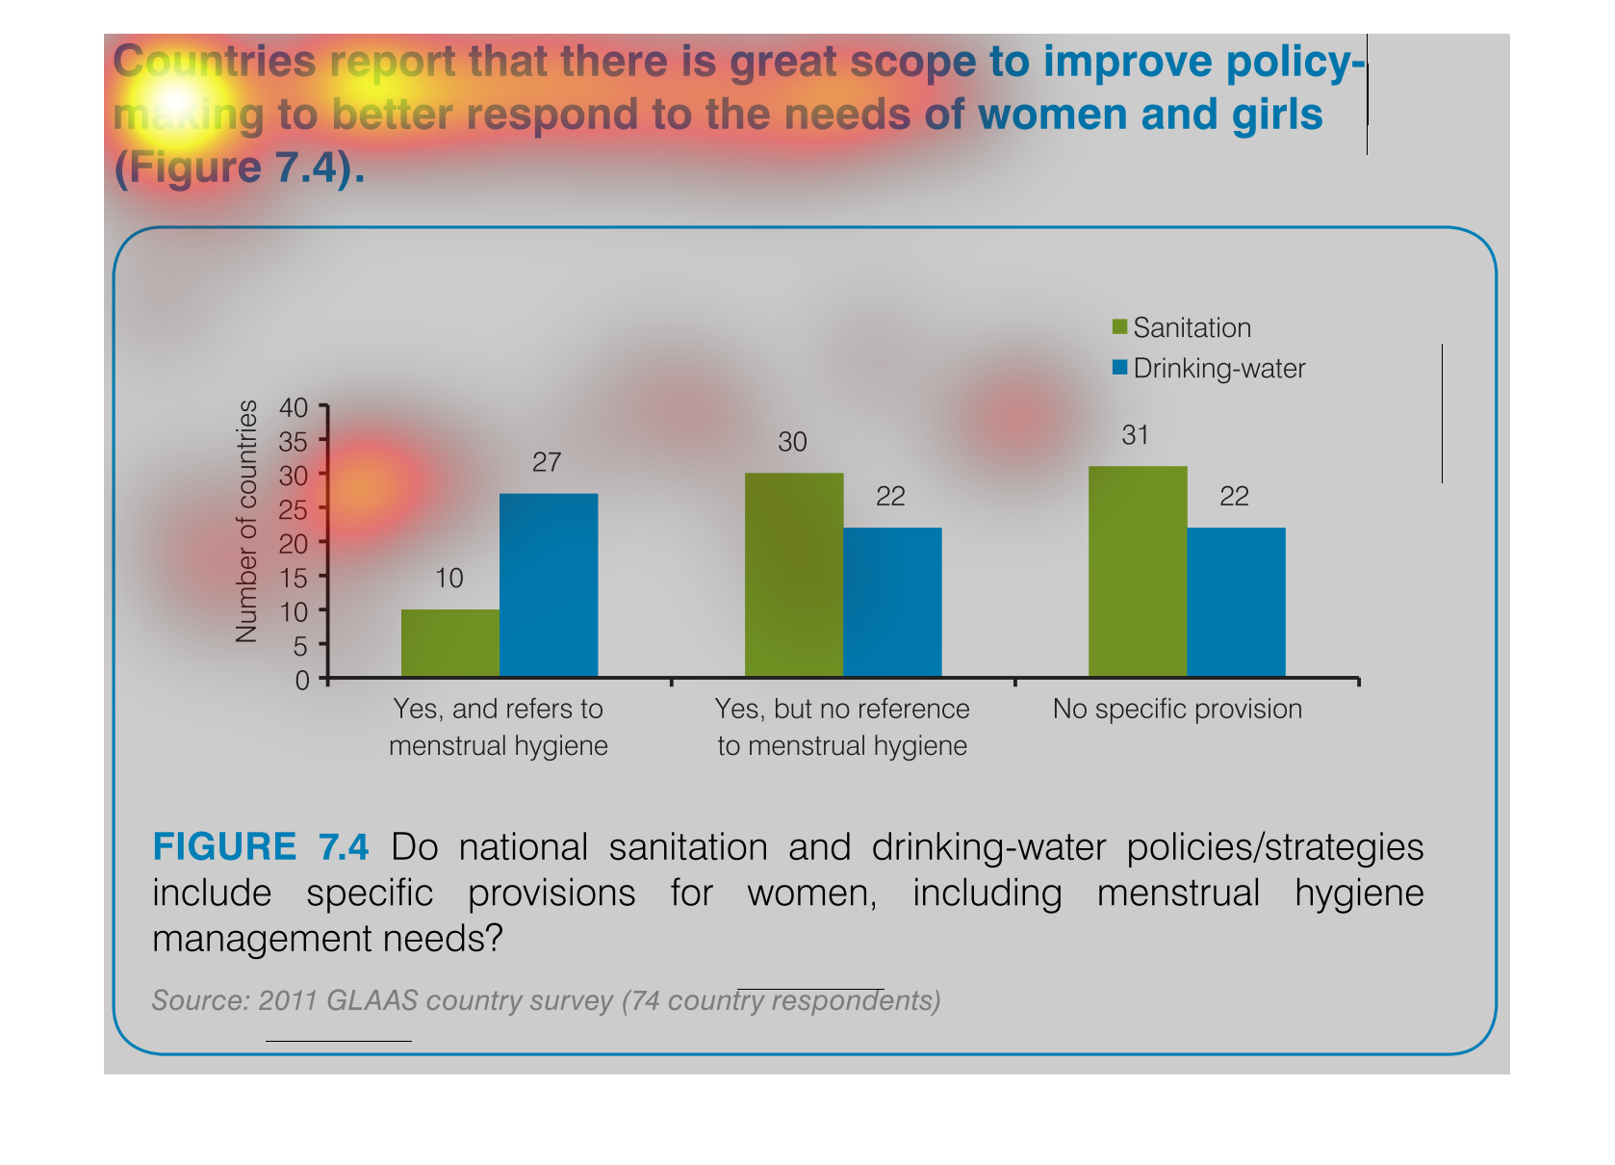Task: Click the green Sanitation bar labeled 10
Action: coord(450,643)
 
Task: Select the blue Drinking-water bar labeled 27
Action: coord(549,585)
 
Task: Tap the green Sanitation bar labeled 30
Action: coord(794,575)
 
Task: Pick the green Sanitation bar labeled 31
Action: coord(1138,571)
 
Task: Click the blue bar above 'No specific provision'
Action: coord(1237,603)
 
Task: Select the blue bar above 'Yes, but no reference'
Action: coord(892,603)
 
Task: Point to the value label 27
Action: coord(547,462)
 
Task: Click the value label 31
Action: coord(1135,435)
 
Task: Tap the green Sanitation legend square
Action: coord(1119,326)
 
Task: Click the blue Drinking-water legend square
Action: coord(1119,367)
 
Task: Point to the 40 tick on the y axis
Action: coord(294,407)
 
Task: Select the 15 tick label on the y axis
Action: coord(294,578)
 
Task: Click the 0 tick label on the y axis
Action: coord(302,681)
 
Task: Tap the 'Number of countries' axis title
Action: coord(246,521)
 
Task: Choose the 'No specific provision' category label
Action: coord(1177,709)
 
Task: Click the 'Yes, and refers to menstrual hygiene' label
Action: coord(499,727)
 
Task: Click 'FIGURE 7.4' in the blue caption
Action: coord(260,846)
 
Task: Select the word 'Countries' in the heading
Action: coord(214,61)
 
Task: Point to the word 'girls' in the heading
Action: coord(1277,116)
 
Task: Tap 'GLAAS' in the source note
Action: coord(372,1000)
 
